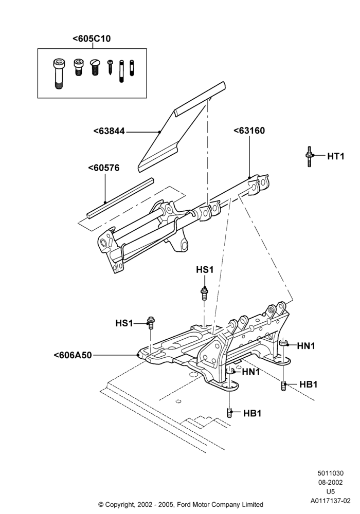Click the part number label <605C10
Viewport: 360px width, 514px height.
tap(92, 39)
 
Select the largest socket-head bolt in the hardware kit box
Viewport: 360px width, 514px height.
tap(59, 74)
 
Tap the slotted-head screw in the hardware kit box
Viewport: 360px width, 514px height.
tap(95, 67)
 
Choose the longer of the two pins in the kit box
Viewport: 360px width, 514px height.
tap(121, 71)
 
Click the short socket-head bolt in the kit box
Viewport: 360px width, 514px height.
tap(78, 67)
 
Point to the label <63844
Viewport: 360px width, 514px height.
tap(109, 131)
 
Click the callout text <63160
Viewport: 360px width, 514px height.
tap(249, 131)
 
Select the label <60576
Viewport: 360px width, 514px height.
tap(103, 168)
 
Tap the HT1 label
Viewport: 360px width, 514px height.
tap(336, 156)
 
